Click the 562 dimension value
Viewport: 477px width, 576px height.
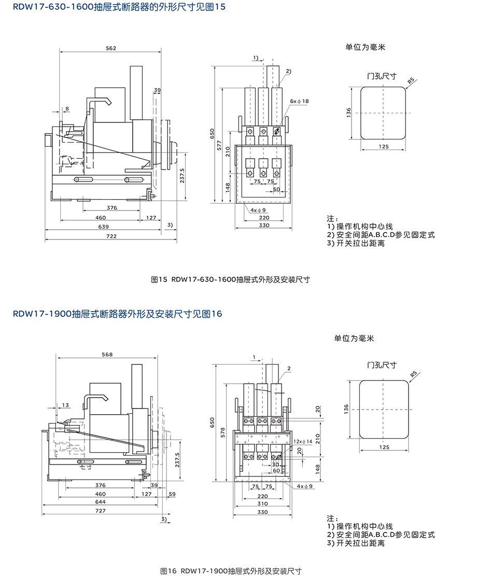(110, 48)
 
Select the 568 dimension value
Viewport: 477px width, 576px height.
(107, 355)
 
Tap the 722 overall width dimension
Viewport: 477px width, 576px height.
(111, 236)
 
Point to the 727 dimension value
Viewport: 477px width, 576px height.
(101, 511)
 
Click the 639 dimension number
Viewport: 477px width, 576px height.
(104, 227)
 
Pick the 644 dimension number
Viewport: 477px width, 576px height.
(101, 502)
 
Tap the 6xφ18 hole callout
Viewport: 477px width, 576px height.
(300, 101)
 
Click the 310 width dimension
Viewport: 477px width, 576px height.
(263, 503)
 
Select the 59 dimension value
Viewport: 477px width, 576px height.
(172, 494)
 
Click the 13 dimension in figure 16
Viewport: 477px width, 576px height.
(65, 405)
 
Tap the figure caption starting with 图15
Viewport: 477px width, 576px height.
(230, 279)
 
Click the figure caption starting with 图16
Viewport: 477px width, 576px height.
(231, 571)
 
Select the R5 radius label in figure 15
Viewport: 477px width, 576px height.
(411, 80)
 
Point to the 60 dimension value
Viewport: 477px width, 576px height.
(276, 471)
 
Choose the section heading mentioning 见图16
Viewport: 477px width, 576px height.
(118, 314)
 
